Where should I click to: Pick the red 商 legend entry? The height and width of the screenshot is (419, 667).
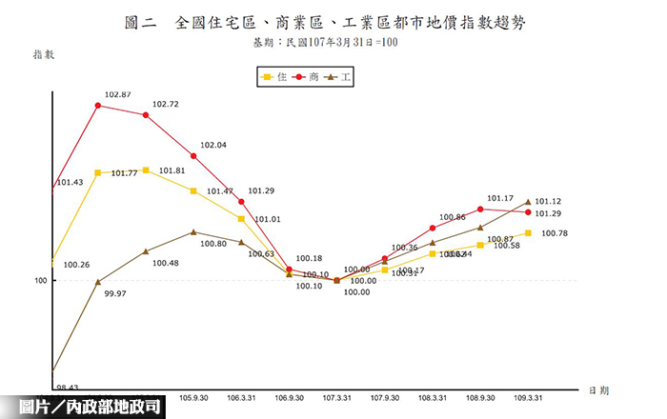[x=306, y=76]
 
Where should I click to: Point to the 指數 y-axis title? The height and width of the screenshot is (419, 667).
[x=44, y=54]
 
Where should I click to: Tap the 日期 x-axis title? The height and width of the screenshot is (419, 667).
[x=598, y=390]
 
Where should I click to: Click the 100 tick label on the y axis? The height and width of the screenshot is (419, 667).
[x=41, y=281]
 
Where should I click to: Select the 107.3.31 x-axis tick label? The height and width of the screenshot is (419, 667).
[x=337, y=397]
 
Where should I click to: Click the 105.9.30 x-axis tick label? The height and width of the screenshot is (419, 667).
[x=194, y=397]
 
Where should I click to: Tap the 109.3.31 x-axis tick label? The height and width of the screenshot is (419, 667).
[x=528, y=397]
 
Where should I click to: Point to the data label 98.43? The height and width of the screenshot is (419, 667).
[x=68, y=388]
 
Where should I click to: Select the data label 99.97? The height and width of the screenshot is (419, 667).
[x=114, y=293]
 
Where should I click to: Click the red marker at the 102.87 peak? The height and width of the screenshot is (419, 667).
[x=98, y=106]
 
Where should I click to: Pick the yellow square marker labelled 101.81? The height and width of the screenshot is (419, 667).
[x=146, y=170]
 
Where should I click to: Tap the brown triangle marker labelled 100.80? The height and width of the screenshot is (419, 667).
[x=193, y=231]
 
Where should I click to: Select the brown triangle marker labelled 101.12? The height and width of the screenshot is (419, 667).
[x=528, y=202]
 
